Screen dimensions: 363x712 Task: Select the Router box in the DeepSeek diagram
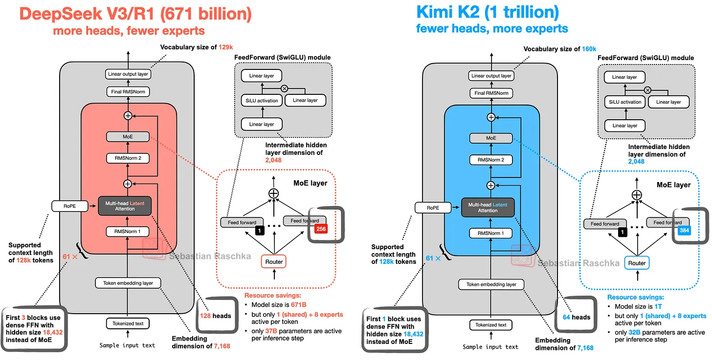pyautogui.click(x=274, y=261)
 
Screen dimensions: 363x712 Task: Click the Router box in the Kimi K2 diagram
pyautogui.click(x=637, y=263)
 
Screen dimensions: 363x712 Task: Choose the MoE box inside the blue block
pyautogui.click(x=491, y=138)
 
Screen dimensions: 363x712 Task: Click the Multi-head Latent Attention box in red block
pyautogui.click(x=125, y=205)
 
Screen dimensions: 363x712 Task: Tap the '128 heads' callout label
pyautogui.click(x=215, y=316)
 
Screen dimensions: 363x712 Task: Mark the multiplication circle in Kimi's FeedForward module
pyautogui.click(x=647, y=90)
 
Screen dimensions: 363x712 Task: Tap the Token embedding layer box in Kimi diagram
pyautogui.click(x=491, y=284)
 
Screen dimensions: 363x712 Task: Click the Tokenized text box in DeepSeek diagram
pyautogui.click(x=128, y=323)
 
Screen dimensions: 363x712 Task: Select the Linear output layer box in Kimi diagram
pyautogui.click(x=491, y=76)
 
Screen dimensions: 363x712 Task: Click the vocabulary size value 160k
pyautogui.click(x=589, y=49)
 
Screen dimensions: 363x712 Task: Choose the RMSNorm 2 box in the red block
pyautogui.click(x=128, y=158)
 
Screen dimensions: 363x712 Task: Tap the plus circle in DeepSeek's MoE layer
pyautogui.click(x=273, y=193)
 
